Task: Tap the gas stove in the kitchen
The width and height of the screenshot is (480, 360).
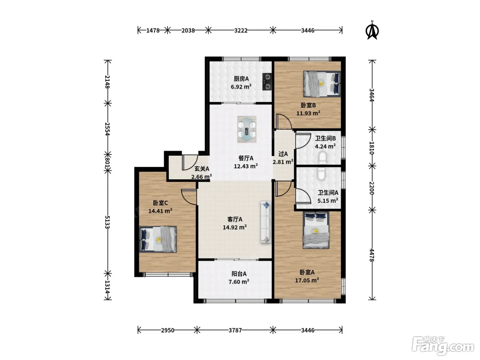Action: [x=267, y=82]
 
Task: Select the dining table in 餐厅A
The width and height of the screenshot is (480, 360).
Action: [x=247, y=129]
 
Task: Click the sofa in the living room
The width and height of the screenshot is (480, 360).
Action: [x=266, y=221]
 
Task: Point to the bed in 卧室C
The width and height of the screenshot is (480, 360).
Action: [x=158, y=239]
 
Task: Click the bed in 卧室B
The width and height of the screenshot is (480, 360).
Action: [x=322, y=84]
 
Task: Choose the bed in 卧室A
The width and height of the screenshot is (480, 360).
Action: [x=316, y=230]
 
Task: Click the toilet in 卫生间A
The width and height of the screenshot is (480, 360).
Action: [x=322, y=174]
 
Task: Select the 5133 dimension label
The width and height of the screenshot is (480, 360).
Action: [x=107, y=222]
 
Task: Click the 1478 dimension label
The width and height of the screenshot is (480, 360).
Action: [x=153, y=31]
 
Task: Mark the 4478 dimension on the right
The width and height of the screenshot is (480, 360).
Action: [x=372, y=255]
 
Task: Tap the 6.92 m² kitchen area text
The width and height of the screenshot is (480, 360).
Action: [x=241, y=87]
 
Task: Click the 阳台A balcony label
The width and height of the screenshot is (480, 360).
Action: [x=239, y=274]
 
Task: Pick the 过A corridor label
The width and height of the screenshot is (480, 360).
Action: [x=283, y=154]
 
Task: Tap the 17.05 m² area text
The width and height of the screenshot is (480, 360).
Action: [x=307, y=280]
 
